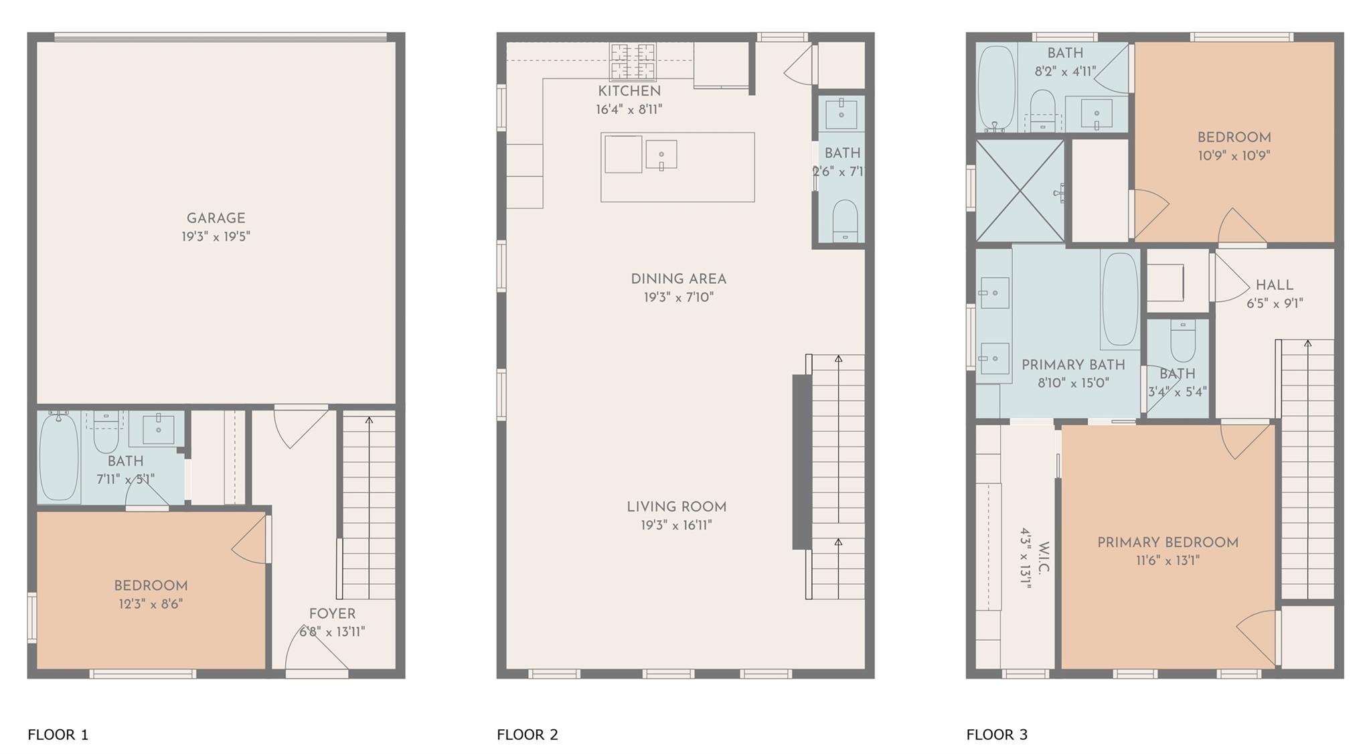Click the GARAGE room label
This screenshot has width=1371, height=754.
tap(216, 218)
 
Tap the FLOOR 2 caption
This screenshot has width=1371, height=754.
tap(527, 735)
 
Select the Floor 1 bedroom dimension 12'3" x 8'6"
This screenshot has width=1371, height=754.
tap(151, 604)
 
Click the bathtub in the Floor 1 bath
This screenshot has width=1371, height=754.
tap(59, 457)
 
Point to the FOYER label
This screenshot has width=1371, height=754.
tap(332, 614)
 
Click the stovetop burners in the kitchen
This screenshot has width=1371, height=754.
tap(632, 61)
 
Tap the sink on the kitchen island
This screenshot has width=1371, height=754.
tap(661, 155)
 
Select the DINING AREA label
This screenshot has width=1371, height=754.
tap(678, 279)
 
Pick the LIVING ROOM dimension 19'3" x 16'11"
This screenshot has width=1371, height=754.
tap(676, 526)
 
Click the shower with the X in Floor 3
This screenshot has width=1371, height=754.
tap(1019, 190)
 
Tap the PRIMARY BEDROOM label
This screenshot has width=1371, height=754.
tap(1167, 543)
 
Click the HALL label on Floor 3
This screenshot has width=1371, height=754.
tap(1274, 285)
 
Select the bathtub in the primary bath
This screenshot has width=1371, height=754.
tap(1120, 299)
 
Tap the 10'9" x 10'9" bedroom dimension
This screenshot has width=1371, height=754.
tap(1234, 156)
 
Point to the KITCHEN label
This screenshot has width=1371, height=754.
tap(629, 91)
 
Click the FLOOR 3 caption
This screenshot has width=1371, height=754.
tap(996, 735)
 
